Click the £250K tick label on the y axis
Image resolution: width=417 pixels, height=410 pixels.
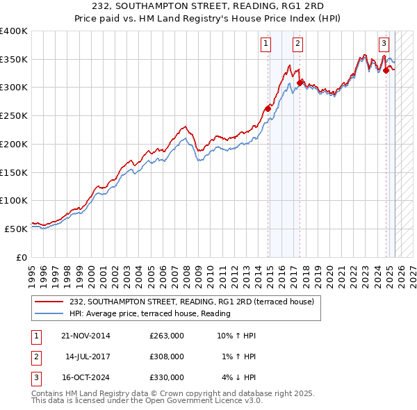pyautogui.click(x=14, y=115)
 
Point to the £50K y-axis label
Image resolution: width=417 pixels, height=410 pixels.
pyautogui.click(x=16, y=228)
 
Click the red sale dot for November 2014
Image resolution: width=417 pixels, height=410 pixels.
pyautogui.click(x=268, y=108)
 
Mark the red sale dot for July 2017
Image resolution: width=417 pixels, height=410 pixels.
pyautogui.click(x=300, y=83)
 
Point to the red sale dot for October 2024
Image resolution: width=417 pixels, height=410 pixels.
pyautogui.click(x=386, y=70)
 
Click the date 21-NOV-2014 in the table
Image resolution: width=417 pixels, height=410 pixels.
pyautogui.click(x=86, y=336)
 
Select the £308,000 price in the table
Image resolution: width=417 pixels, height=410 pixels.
pyautogui.click(x=167, y=356)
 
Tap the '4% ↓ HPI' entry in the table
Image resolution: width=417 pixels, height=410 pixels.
pyautogui.click(x=239, y=377)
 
